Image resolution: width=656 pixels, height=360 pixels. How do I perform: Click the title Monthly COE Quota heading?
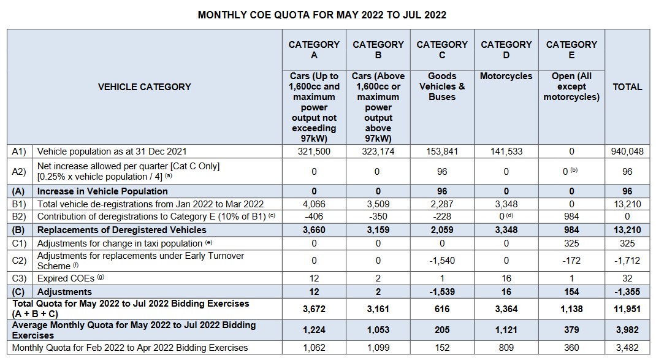[322, 14]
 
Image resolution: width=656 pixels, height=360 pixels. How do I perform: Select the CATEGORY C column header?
[442, 50]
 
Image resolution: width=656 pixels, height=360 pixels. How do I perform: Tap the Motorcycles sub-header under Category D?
[506, 77]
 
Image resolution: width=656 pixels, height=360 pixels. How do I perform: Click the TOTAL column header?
[627, 87]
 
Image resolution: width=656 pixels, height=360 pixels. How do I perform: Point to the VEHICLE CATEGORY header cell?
[144, 87]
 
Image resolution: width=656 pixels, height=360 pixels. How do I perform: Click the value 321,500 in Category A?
[314, 151]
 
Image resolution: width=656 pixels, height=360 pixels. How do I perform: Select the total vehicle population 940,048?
[627, 151]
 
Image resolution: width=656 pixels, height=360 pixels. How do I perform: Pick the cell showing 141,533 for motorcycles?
[506, 151]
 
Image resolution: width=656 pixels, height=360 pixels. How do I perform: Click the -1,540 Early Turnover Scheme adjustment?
[442, 261]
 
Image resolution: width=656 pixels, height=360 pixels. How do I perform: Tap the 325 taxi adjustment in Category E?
[571, 243]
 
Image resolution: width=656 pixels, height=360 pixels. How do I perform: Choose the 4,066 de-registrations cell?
[314, 204]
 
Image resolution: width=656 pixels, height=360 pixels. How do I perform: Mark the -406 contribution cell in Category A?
[314, 216]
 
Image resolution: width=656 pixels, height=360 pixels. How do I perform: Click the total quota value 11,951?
[627, 308]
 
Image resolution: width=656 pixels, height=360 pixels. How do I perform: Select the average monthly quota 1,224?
[314, 330]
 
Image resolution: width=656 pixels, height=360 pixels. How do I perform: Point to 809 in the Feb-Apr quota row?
[506, 348]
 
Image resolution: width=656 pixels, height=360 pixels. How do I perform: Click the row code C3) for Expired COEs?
[20, 278]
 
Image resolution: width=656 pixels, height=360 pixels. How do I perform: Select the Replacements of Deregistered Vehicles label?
[122, 230]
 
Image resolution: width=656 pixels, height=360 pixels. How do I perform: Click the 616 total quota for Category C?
[442, 308]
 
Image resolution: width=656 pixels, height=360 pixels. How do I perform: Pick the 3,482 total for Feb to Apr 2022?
[627, 348]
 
